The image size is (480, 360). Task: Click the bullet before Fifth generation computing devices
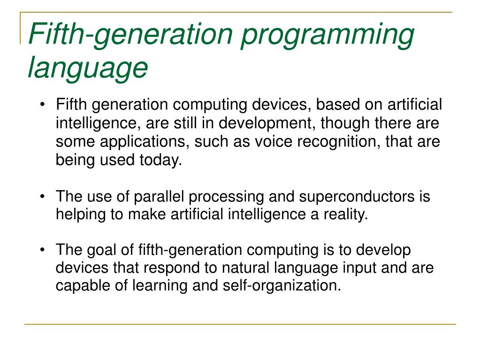click(x=43, y=105)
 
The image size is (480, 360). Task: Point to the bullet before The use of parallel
click(x=43, y=196)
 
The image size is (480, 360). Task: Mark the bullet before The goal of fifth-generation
click(x=43, y=250)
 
